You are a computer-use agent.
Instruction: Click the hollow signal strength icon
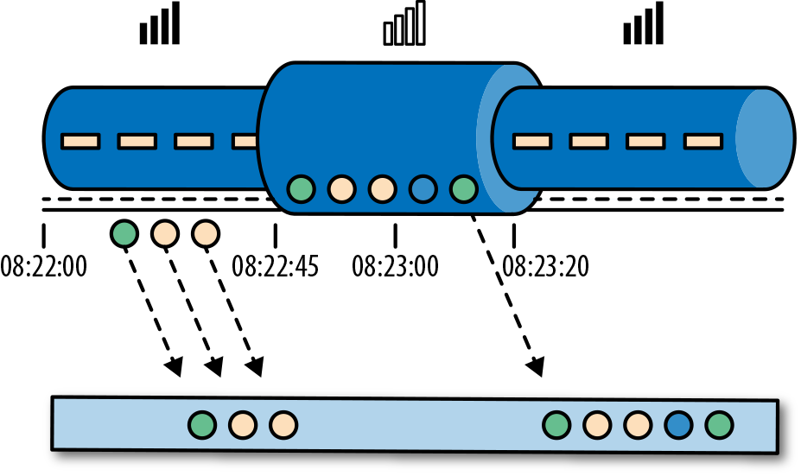(405, 23)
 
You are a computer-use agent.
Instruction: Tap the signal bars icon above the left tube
(160, 23)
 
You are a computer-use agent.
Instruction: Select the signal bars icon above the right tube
(644, 23)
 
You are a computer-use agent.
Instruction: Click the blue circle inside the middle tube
(423, 187)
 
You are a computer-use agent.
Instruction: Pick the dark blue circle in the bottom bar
(678, 425)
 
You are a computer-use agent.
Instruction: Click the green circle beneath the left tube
(124, 232)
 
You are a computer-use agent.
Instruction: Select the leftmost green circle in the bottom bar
(202, 424)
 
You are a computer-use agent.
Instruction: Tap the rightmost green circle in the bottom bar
(719, 425)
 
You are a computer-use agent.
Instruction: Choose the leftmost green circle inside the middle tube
(301, 187)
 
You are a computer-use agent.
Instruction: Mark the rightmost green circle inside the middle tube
(464, 187)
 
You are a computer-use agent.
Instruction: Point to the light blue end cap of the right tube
(764, 138)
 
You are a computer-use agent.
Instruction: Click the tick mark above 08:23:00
(395, 235)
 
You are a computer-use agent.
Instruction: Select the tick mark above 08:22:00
(44, 235)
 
